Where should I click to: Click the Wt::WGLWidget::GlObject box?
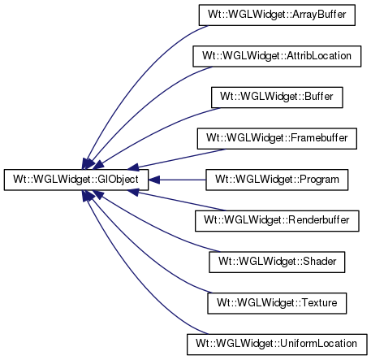coord(76,180)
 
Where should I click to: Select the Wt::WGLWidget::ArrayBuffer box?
coord(277,15)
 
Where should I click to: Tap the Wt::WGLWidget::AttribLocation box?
coord(277,56)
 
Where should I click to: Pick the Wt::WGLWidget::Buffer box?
coord(277,98)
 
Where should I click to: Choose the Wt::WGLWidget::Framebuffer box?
coord(277,138)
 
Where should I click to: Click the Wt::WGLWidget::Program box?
coord(277,180)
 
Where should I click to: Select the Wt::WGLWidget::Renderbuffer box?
coord(277,221)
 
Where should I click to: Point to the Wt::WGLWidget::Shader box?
coord(277,262)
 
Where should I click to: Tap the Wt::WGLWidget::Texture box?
coord(277,303)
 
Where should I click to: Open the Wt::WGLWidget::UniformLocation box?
coord(277,345)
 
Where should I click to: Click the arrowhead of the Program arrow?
coord(154,180)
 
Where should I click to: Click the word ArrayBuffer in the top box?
coord(319,15)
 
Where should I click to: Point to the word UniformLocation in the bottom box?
coord(318,344)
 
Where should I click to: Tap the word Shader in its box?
coord(320,262)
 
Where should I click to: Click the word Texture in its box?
coord(319,302)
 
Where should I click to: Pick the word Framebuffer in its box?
coord(319,138)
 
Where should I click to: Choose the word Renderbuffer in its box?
coord(319,220)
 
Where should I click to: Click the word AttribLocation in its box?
coord(319,55)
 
